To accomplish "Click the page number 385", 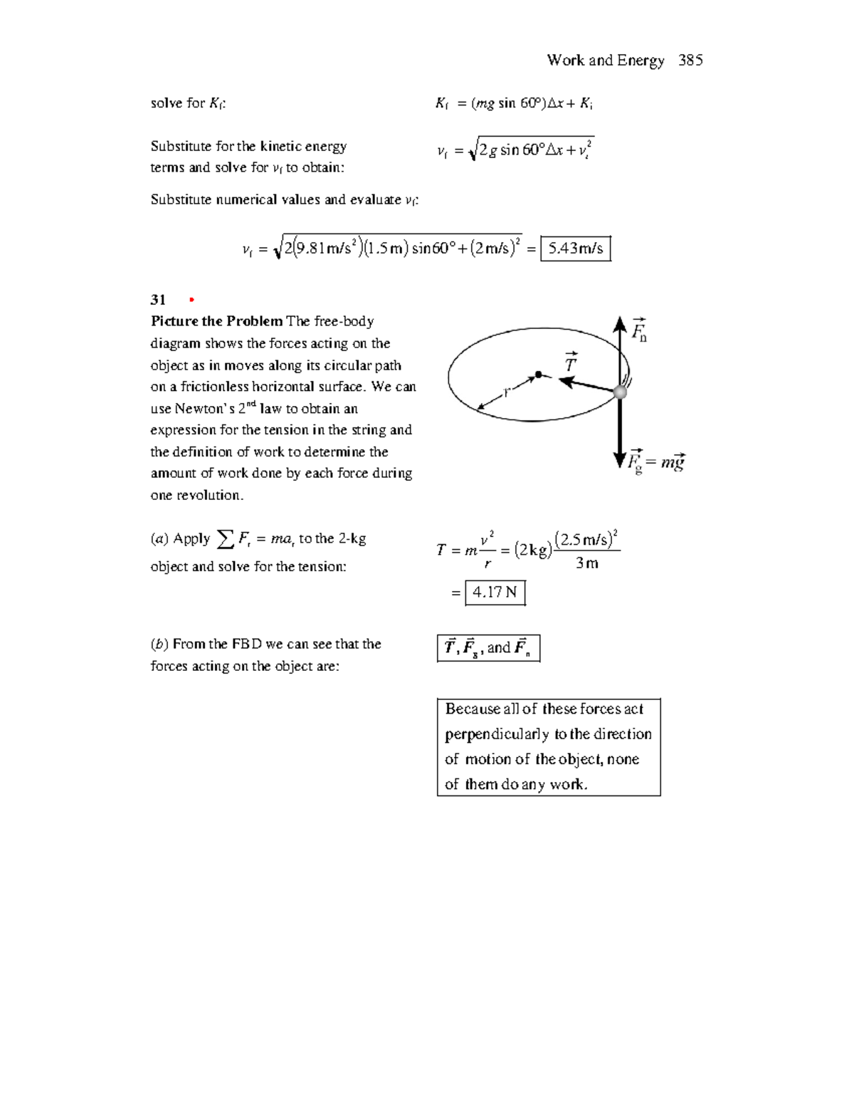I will (x=690, y=61).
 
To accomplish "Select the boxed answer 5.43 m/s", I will (x=576, y=249).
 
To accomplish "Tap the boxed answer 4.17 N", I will (x=495, y=593).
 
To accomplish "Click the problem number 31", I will (x=158, y=300).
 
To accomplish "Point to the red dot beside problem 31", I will (x=191, y=300).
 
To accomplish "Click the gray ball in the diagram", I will (x=621, y=392).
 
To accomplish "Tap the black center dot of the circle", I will (x=539, y=374).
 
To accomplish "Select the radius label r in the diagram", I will (x=506, y=392).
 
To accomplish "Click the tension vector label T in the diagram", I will (x=570, y=362).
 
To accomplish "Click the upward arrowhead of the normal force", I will (x=620, y=323).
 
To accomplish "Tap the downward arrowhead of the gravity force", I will (x=620, y=460).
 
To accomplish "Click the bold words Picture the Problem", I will (x=216, y=321).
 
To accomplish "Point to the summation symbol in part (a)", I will (x=225, y=539).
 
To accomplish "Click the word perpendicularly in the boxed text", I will (x=497, y=734).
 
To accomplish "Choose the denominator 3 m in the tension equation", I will (x=586, y=563).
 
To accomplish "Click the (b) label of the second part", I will (x=159, y=645).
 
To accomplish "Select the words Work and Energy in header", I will (x=606, y=61).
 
